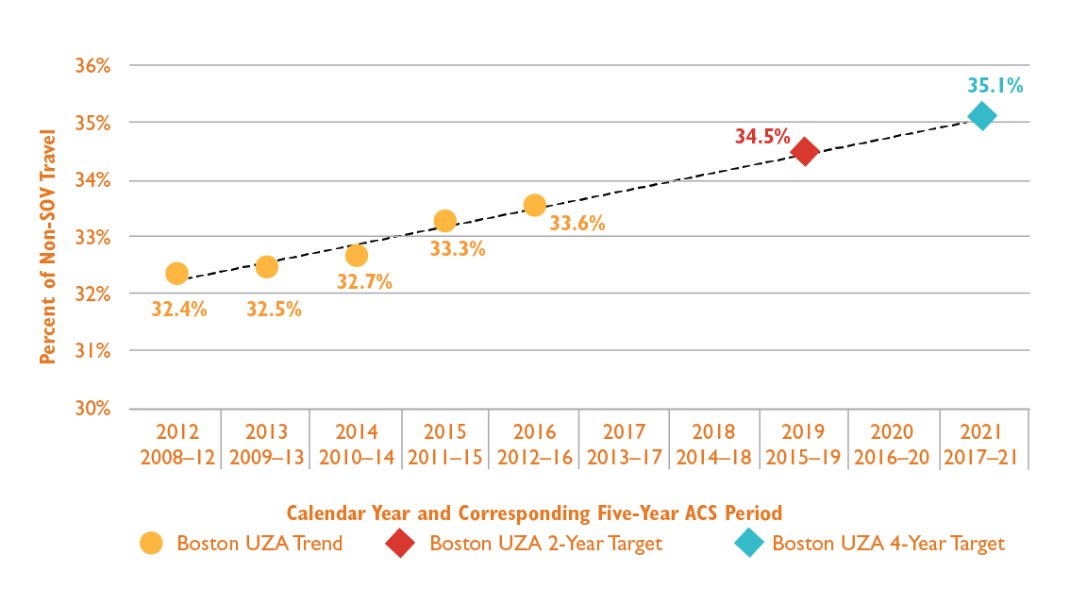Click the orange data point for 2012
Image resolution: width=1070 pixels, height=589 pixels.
(176, 274)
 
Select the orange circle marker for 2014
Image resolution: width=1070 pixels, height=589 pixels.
(357, 256)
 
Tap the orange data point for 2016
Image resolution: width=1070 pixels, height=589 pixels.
(535, 205)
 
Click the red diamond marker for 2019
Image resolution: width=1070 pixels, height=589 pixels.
(804, 151)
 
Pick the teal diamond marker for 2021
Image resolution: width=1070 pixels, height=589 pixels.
(982, 116)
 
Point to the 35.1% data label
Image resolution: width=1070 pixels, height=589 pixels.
(995, 86)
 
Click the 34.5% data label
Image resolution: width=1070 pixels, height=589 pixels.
(761, 136)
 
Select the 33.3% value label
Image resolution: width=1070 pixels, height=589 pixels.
(458, 249)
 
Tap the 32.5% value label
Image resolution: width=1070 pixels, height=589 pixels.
(274, 309)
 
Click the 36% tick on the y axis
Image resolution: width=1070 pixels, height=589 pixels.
(93, 66)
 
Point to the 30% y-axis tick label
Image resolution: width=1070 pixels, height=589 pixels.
(93, 409)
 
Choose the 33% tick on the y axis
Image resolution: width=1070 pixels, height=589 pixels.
(93, 237)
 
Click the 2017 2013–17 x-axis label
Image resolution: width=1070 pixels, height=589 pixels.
(624, 445)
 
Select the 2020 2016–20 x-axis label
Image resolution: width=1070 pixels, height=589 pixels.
(892, 445)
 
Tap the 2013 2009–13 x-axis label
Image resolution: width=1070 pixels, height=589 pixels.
(266, 445)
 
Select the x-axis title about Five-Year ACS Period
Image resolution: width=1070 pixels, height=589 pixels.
(534, 513)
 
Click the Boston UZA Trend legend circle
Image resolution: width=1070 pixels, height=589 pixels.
(151, 544)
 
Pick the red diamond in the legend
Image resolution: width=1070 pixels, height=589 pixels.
(400, 544)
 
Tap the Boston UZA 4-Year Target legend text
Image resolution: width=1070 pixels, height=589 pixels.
(888, 544)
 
